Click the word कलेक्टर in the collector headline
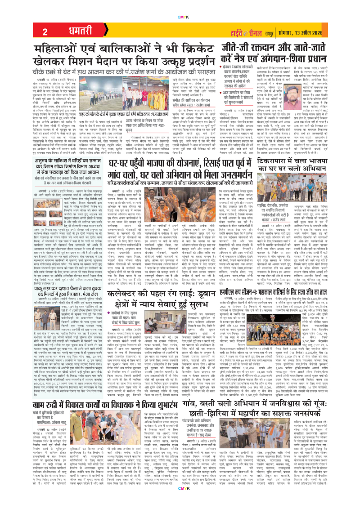[118, 306]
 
